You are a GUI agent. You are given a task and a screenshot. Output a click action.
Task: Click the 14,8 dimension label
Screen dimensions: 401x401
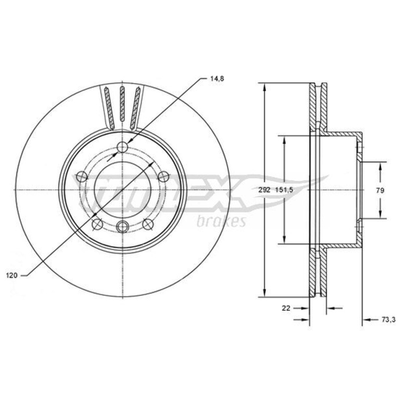click(217, 79)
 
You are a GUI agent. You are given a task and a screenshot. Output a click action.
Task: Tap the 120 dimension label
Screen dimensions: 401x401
click(12, 275)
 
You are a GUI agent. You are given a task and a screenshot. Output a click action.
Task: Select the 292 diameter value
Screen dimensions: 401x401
click(264, 190)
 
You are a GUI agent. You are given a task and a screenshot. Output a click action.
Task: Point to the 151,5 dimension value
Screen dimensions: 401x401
click(284, 190)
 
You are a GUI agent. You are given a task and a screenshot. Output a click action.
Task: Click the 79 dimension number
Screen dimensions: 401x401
click(380, 190)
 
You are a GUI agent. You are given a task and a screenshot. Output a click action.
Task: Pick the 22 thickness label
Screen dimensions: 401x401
click(286, 308)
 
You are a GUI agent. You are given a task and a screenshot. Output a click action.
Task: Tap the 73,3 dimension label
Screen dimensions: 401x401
click(388, 319)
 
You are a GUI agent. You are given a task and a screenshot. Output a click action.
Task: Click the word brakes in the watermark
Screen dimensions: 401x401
click(221, 222)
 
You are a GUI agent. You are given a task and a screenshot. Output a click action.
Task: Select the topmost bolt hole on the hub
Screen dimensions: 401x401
click(122, 147)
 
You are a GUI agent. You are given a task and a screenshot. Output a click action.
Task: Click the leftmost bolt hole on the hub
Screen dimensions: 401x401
click(82, 176)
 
